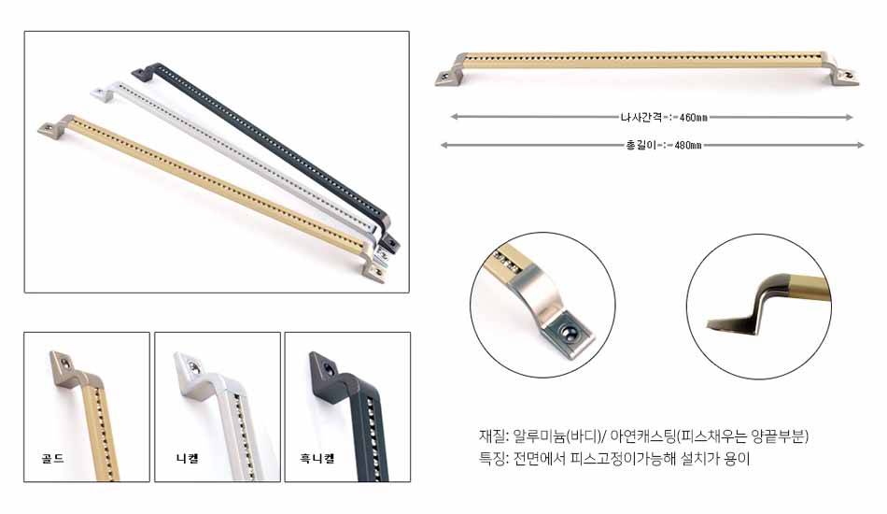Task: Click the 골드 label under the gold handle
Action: pyautogui.click(x=52, y=458)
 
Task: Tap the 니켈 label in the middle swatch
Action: pyautogui.click(x=188, y=458)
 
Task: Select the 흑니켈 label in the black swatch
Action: pyautogui.click(x=317, y=458)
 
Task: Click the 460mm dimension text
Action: pyautogui.click(x=693, y=118)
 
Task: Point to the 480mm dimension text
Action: pyautogui.click(x=688, y=146)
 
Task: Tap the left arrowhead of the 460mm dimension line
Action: pyautogui.click(x=454, y=117)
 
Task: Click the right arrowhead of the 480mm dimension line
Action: pyautogui.click(x=861, y=146)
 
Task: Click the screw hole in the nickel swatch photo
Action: pyautogui.click(x=195, y=367)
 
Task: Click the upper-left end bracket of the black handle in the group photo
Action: pyautogui.click(x=145, y=70)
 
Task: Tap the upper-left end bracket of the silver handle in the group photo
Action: pyautogui.click(x=106, y=92)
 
